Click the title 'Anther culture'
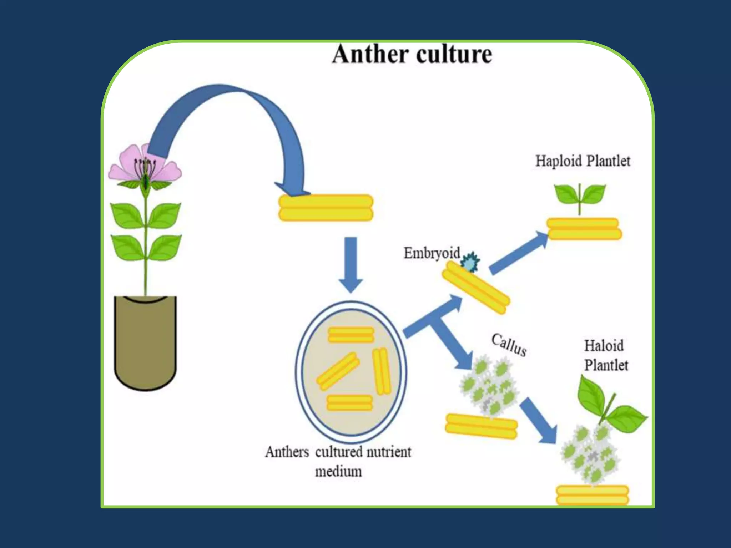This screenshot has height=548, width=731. click(412, 54)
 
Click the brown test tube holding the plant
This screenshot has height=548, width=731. click(145, 342)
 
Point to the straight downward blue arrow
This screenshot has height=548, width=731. click(351, 264)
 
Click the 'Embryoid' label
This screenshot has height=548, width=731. click(432, 253)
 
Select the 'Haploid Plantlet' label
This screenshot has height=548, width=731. click(583, 161)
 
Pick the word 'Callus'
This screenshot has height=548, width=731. click(509, 344)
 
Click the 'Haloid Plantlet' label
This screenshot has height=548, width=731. click(606, 355)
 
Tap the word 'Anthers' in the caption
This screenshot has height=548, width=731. click(287, 452)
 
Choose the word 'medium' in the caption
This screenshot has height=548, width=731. click(338, 472)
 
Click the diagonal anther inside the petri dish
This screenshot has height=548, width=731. click(338, 371)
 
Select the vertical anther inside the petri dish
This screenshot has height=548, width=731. click(382, 371)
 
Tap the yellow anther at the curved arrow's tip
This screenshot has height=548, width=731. click(326, 208)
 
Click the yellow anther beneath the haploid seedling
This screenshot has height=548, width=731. click(584, 229)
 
